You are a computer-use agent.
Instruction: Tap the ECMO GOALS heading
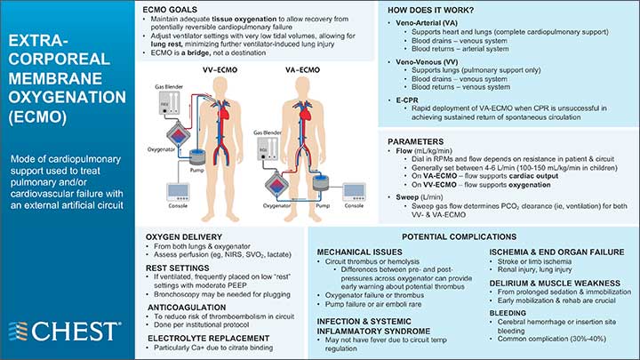pyautogui.click(x=172, y=8)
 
